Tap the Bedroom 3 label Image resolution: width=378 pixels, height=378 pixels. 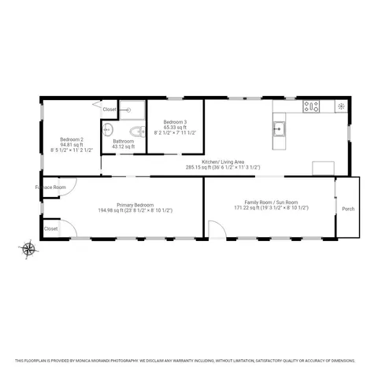pyautogui.click(x=175, y=122)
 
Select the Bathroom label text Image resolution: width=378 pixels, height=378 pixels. pyautogui.click(x=124, y=142)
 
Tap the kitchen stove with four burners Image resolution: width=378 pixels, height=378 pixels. pyautogui.click(x=312, y=106)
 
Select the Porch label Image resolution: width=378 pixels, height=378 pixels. pyautogui.click(x=347, y=209)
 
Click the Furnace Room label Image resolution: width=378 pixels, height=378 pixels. pyautogui.click(x=48, y=187)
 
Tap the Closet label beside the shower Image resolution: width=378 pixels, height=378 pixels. pyautogui.click(x=109, y=109)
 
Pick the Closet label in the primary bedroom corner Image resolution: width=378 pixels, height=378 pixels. pyautogui.click(x=51, y=228)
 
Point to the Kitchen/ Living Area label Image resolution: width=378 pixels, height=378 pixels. pyautogui.click(x=223, y=161)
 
